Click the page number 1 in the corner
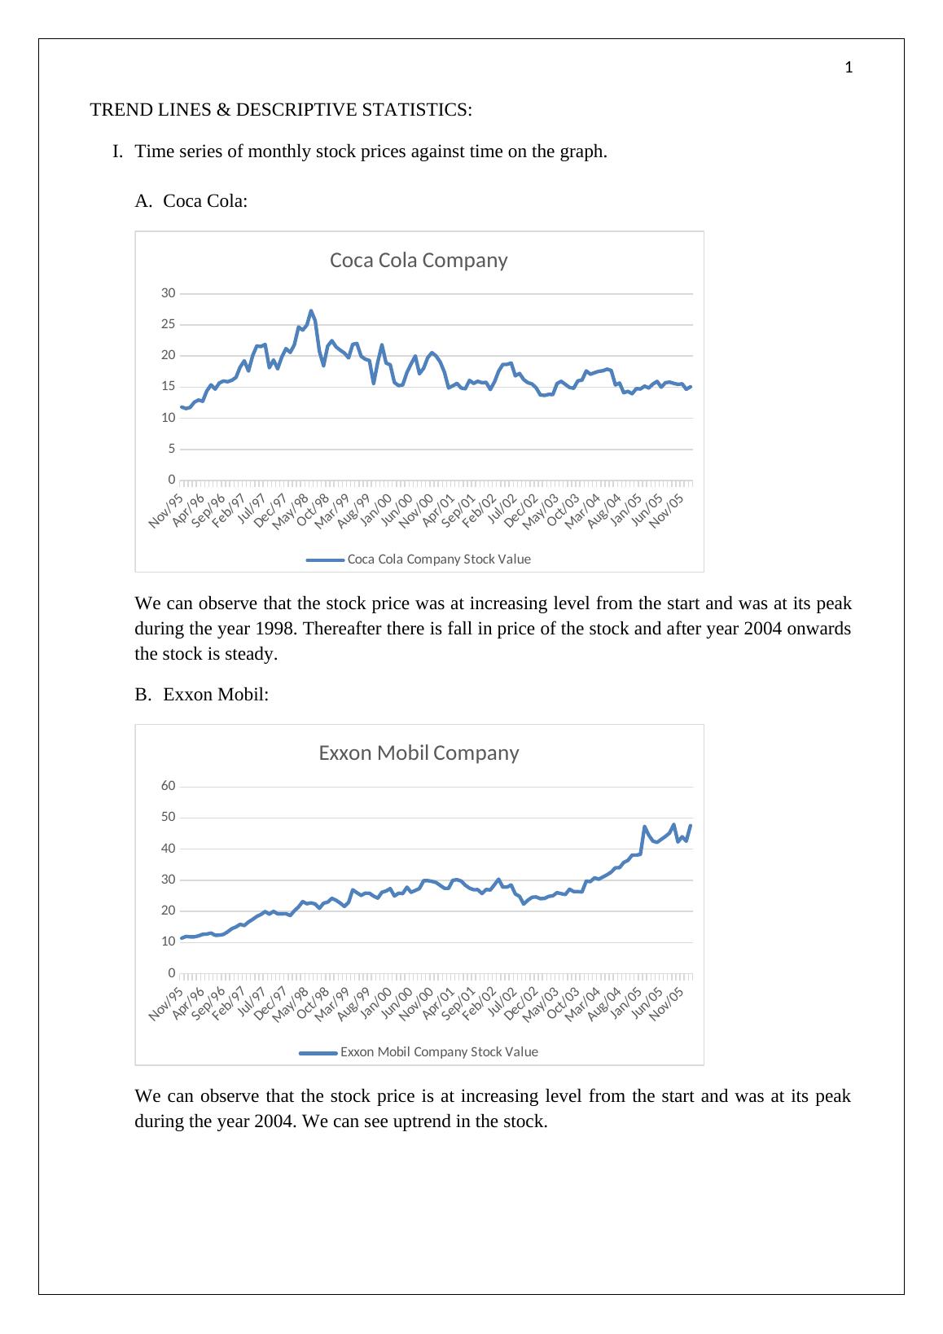(x=849, y=68)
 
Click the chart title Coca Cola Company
(x=418, y=261)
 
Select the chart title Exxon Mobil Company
(x=418, y=753)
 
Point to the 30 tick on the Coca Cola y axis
(x=167, y=293)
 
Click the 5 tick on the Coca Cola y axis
(x=170, y=449)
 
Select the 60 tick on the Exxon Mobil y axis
(x=168, y=786)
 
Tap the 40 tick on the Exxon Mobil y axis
(x=168, y=849)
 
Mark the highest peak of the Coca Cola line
(x=310, y=311)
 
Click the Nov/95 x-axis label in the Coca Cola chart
(x=166, y=509)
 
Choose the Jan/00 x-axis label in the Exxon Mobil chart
(x=377, y=1001)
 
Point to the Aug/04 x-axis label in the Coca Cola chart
(x=604, y=509)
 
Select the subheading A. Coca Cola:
(x=191, y=201)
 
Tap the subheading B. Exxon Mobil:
(x=201, y=695)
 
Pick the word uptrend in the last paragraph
(x=425, y=1121)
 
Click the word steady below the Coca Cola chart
(x=251, y=654)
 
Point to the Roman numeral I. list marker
(x=117, y=151)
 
